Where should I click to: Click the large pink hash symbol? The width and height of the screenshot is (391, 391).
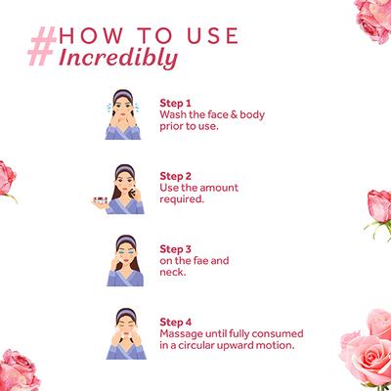pyautogui.click(x=42, y=46)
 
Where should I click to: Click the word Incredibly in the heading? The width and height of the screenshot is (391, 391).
pyautogui.click(x=118, y=59)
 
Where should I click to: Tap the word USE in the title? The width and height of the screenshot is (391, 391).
pyautogui.click(x=213, y=35)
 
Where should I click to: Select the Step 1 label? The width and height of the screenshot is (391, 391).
pyautogui.click(x=175, y=103)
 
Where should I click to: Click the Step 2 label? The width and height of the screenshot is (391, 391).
pyautogui.click(x=175, y=176)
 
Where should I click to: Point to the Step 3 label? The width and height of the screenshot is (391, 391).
pyautogui.click(x=175, y=249)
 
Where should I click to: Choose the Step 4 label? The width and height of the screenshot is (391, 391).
pyautogui.click(x=176, y=323)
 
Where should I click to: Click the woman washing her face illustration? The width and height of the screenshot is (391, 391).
pyautogui.click(x=123, y=114)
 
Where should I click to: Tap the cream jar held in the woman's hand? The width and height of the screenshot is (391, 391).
pyautogui.click(x=101, y=200)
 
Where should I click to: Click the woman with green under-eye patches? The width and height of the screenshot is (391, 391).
pyautogui.click(x=125, y=260)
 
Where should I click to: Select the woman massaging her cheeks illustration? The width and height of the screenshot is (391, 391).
pyautogui.click(x=126, y=333)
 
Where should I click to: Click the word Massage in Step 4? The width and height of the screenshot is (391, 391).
pyautogui.click(x=181, y=334)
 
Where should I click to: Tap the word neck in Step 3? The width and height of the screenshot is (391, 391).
pyautogui.click(x=173, y=272)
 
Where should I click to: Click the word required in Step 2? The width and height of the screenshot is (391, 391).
pyautogui.click(x=182, y=199)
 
